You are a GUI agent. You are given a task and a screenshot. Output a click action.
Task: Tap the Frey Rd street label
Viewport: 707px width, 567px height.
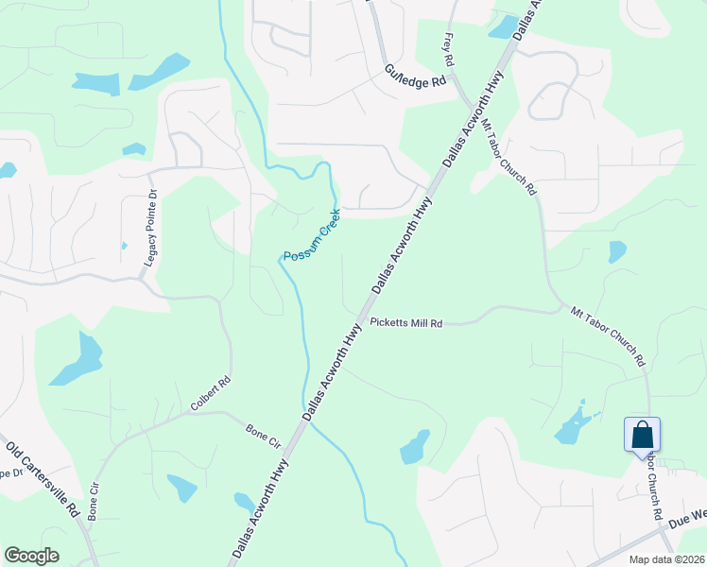(x=448, y=49)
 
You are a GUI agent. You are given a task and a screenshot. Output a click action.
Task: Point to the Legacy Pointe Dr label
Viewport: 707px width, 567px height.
(x=149, y=232)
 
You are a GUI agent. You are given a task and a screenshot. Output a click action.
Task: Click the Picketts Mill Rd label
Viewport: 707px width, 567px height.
(x=406, y=323)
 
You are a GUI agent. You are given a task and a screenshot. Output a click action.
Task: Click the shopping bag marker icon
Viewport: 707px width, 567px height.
(x=642, y=436)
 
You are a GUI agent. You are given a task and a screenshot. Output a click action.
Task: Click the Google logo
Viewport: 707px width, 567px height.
(x=31, y=556)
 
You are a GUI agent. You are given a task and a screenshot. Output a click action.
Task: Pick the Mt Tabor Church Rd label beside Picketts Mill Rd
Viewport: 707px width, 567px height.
(x=608, y=336)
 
